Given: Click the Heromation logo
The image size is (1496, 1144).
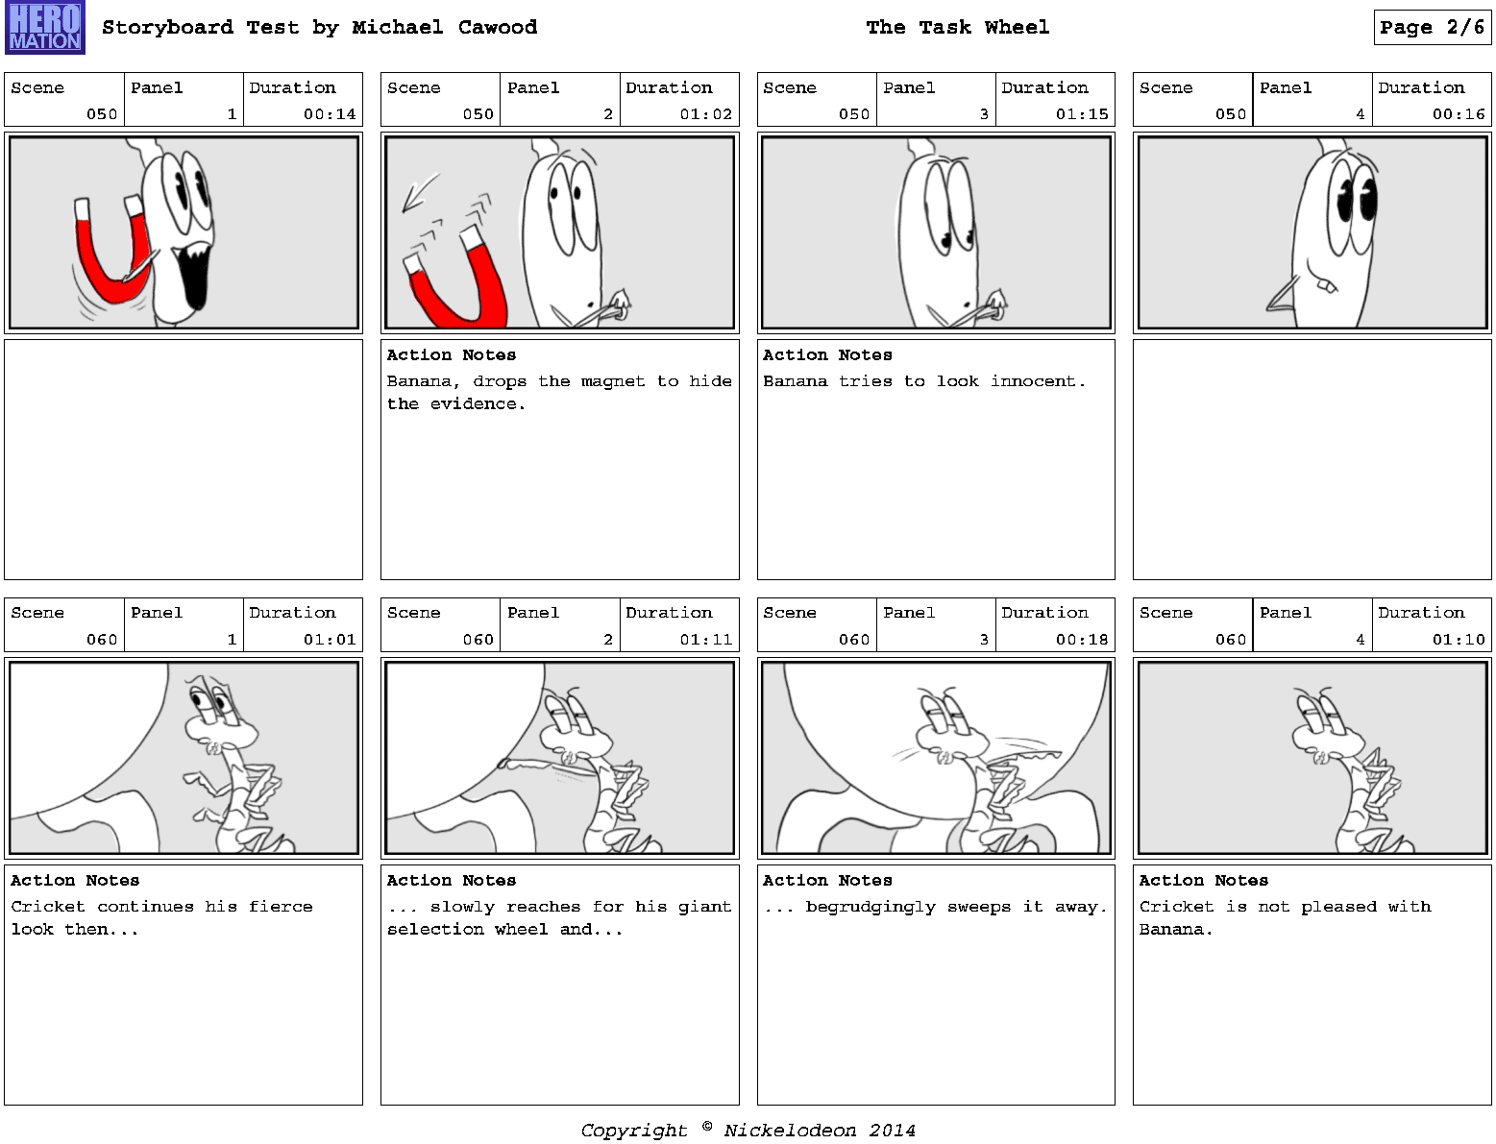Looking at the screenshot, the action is (x=45, y=27).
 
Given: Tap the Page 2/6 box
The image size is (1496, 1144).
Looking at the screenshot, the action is (x=1432, y=27).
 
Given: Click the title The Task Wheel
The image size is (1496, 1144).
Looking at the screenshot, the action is (x=957, y=27).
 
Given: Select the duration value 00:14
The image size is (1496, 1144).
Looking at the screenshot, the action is (x=330, y=113).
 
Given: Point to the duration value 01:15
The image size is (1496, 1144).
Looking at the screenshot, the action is (x=1082, y=113).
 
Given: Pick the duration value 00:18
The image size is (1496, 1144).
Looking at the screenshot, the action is (x=1082, y=639).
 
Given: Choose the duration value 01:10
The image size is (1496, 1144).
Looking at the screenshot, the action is (x=1459, y=639).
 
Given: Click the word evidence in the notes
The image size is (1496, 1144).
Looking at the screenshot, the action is (x=478, y=404).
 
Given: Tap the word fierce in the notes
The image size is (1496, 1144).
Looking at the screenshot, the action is (x=281, y=907).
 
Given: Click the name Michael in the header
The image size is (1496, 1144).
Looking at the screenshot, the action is (x=397, y=27).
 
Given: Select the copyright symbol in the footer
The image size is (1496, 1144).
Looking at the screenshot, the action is (x=707, y=1127).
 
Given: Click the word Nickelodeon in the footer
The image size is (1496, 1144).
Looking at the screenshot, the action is (x=789, y=1131).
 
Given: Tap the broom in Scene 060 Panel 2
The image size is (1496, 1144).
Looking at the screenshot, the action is (x=542, y=767).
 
